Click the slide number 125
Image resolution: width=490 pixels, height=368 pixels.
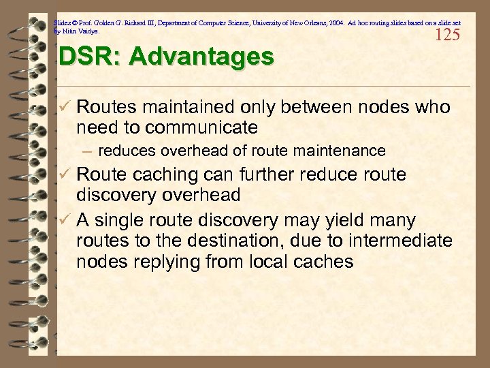[x=447, y=35]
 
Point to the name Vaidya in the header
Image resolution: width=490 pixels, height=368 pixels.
[x=88, y=31]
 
